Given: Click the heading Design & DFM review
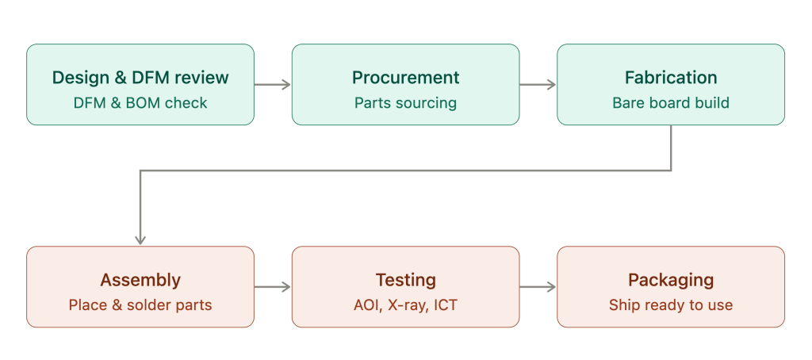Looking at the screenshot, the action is point(140,78).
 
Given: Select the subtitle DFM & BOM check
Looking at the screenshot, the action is point(140,103).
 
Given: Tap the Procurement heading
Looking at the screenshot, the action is point(405,78).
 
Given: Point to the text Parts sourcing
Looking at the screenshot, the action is point(405,103).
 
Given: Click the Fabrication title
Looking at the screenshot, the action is point(671,78).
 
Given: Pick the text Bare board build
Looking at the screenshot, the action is point(671,103).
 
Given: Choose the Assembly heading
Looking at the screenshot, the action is point(140,280).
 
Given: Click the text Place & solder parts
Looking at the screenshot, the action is point(140,305).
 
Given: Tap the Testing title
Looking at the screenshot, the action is point(405,280).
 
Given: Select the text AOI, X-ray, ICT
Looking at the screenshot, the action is point(405,305).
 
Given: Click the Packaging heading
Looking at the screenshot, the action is point(671,280).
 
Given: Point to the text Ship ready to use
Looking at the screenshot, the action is point(671,305).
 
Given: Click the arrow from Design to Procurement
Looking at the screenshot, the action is point(273,84).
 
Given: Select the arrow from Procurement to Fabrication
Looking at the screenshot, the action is point(538,84).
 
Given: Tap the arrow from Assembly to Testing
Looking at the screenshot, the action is point(273,287).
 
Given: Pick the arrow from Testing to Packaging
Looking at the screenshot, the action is point(538,287).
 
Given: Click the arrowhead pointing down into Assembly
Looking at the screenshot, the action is point(140,239).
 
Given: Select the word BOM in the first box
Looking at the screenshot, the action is point(145,103).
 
